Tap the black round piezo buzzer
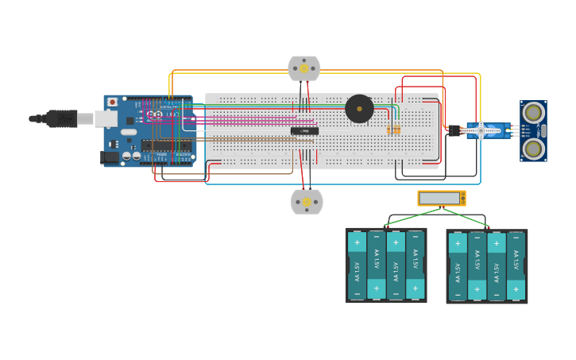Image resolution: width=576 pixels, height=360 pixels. (x=359, y=109)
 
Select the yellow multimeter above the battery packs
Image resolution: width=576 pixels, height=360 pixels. (x=441, y=198)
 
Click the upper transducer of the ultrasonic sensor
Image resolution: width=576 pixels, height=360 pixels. (x=533, y=112)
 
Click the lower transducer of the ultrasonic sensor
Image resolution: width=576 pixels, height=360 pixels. (x=533, y=148)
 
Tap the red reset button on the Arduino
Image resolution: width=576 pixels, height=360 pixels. (x=112, y=102)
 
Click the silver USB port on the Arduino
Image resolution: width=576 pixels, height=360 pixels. (x=106, y=119)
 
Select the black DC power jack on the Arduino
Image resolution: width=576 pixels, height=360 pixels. (x=110, y=157)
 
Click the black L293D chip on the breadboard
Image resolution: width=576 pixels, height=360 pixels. (x=304, y=131)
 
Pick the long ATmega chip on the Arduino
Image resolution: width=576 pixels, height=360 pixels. (x=166, y=145)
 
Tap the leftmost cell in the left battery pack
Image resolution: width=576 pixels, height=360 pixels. (x=357, y=265)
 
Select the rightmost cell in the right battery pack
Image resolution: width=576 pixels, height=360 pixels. (x=516, y=266)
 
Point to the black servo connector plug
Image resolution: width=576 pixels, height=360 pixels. (x=454, y=130)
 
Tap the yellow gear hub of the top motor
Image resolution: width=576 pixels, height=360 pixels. (x=304, y=68)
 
